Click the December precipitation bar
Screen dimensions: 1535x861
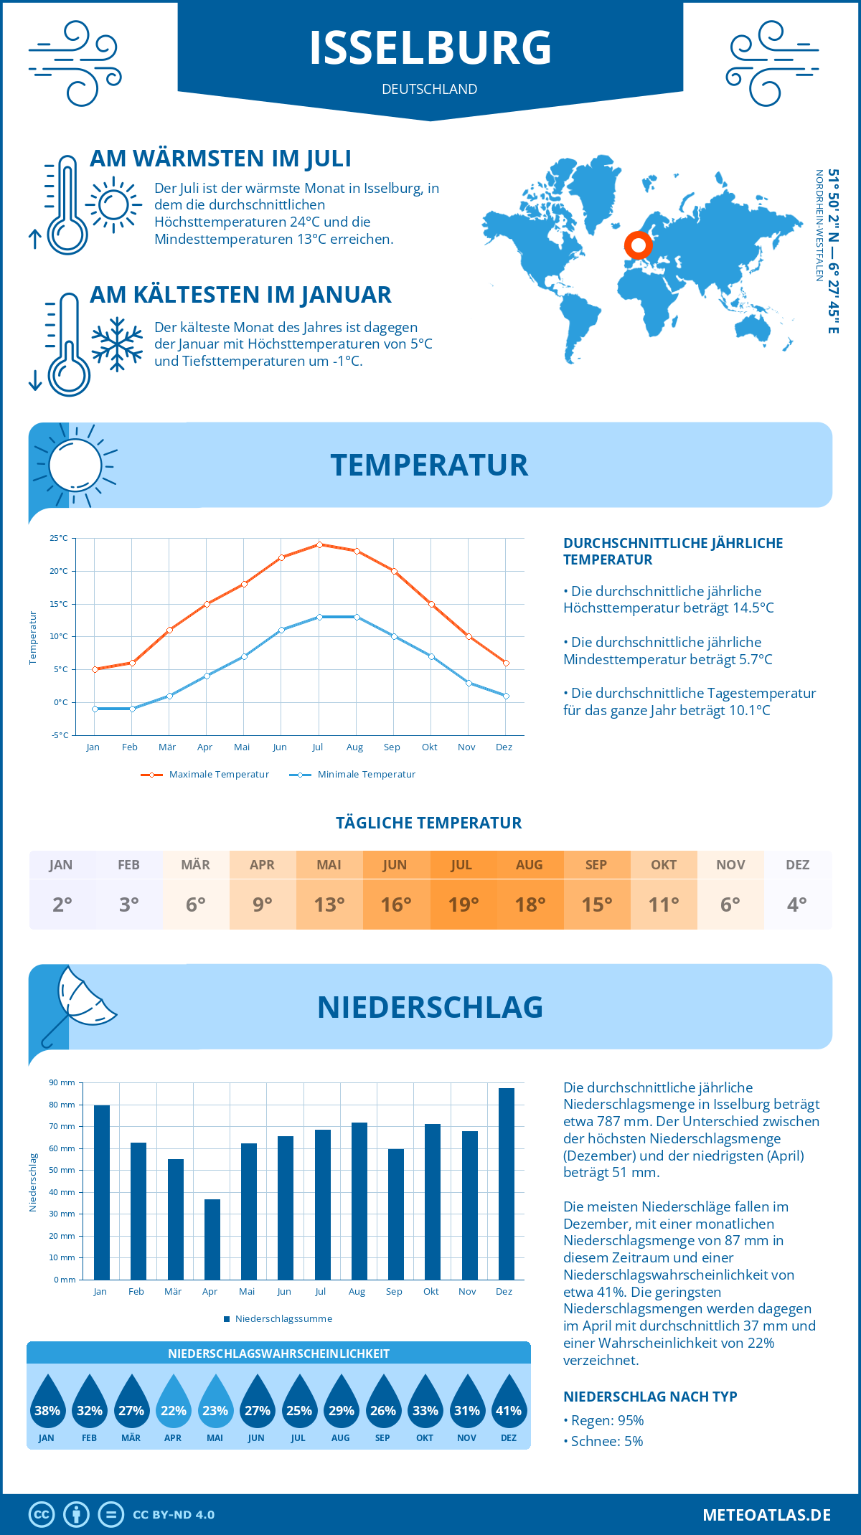[507, 1184]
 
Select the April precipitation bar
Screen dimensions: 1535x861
[212, 1239]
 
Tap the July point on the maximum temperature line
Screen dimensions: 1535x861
[319, 544]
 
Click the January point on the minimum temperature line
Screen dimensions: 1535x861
[95, 709]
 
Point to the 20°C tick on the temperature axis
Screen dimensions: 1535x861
[59, 571]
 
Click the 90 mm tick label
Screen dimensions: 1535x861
[62, 1082]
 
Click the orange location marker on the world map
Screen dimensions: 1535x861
[638, 245]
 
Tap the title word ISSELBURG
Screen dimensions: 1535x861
[430, 49]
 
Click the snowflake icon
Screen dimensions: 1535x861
[117, 344]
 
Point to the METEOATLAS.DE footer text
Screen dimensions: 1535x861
[766, 1515]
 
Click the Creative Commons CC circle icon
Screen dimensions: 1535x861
[42, 1515]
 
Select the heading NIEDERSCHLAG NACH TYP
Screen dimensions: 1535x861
[650, 1397]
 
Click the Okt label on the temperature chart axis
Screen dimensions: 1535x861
[429, 747]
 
